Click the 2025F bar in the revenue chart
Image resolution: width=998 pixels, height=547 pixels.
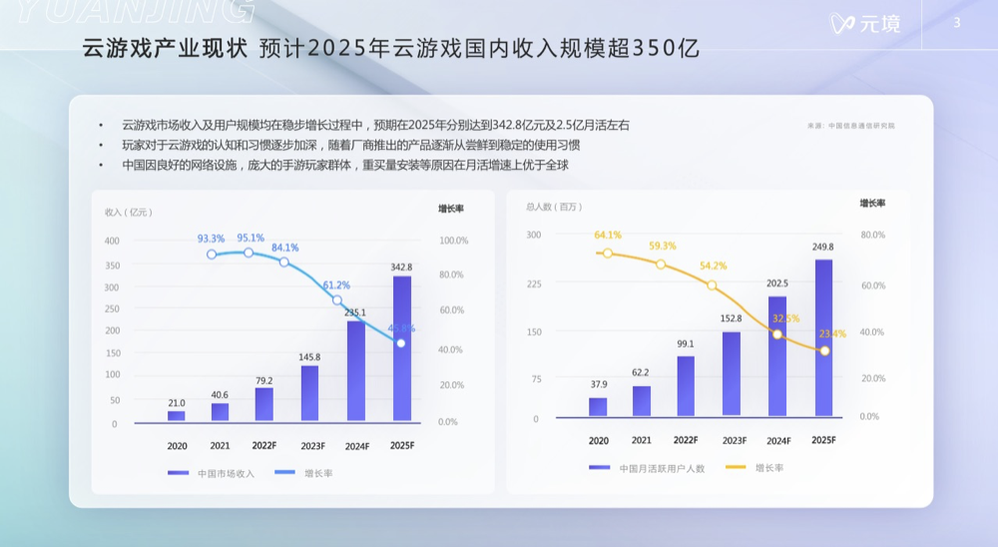click(x=402, y=349)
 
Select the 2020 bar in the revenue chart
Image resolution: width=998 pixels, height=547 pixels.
click(x=177, y=415)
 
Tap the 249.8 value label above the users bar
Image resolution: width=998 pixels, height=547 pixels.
click(x=823, y=247)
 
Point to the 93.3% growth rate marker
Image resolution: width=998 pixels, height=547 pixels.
click(x=212, y=255)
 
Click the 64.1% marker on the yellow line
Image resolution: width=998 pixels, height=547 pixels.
click(x=607, y=253)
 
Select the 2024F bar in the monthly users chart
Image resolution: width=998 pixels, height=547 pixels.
click(x=777, y=355)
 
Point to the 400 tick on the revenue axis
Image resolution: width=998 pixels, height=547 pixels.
click(x=112, y=241)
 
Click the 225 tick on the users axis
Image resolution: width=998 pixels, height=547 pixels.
click(x=534, y=283)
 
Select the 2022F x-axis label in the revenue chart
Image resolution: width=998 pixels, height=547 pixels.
click(x=264, y=445)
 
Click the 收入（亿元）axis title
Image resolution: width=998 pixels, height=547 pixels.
click(x=128, y=212)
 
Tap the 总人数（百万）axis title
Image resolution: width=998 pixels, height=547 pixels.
click(x=553, y=207)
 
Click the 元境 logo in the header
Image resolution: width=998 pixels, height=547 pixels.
click(x=865, y=23)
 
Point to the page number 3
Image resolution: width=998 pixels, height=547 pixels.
click(x=957, y=23)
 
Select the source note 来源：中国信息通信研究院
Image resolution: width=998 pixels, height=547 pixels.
click(x=851, y=126)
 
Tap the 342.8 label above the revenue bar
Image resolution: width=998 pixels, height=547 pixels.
click(x=402, y=268)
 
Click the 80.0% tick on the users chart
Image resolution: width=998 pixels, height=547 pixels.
click(x=871, y=235)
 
